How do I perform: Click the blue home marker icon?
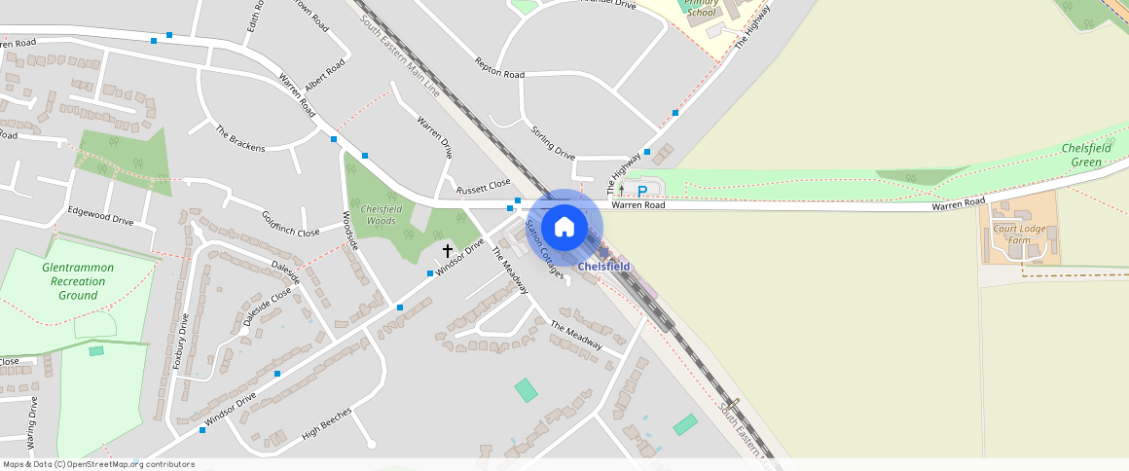click(x=564, y=228)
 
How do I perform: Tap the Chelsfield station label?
click(x=603, y=267)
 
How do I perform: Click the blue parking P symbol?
click(x=641, y=191)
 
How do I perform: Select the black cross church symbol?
click(x=448, y=251)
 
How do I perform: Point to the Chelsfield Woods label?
click(x=381, y=215)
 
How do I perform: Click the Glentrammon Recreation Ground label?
click(x=78, y=281)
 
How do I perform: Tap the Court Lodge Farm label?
click(x=1018, y=234)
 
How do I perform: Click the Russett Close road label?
click(x=484, y=185)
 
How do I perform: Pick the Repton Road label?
click(x=499, y=68)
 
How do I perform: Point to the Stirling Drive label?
click(x=553, y=142)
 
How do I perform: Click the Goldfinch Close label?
click(x=290, y=225)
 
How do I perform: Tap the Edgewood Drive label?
click(x=100, y=215)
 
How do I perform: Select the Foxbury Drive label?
click(x=180, y=342)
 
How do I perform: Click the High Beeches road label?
click(x=327, y=420)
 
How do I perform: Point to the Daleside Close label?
click(x=267, y=307)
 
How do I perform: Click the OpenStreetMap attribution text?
click(x=98, y=464)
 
